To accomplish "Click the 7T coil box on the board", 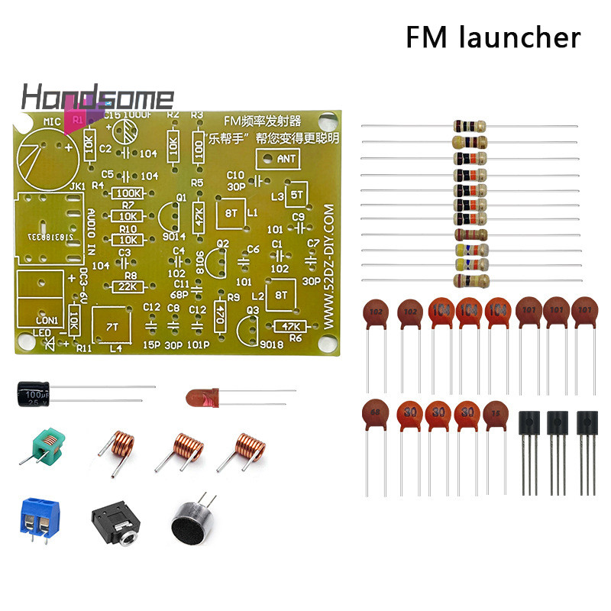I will [x=112, y=326].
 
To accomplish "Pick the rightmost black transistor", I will [x=587, y=425].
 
